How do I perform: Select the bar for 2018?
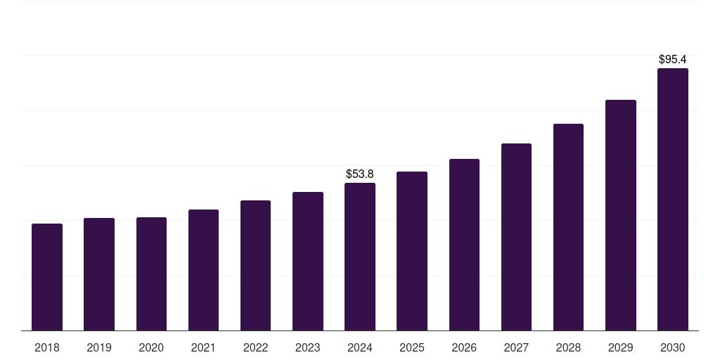click(x=47, y=277)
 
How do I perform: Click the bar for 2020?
click(x=151, y=274)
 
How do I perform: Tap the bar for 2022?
click(x=255, y=266)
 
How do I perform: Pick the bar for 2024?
click(x=360, y=257)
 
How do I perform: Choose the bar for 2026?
click(x=464, y=245)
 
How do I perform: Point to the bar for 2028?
click(x=568, y=227)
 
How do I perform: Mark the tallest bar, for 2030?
click(x=673, y=200)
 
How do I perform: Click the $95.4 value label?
click(x=673, y=60)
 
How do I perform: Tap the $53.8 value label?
click(x=360, y=174)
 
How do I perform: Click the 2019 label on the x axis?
click(x=99, y=347)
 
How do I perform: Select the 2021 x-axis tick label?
click(x=203, y=347)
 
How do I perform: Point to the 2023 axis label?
click(x=308, y=347)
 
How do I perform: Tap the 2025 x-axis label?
click(x=412, y=347)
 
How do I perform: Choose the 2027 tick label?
click(x=516, y=347)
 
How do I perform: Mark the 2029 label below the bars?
click(x=621, y=347)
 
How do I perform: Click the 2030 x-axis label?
click(x=673, y=347)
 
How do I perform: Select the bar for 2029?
click(x=621, y=215)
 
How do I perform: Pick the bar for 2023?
click(x=308, y=262)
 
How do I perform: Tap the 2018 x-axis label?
click(x=47, y=347)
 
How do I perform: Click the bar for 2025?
click(x=412, y=251)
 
